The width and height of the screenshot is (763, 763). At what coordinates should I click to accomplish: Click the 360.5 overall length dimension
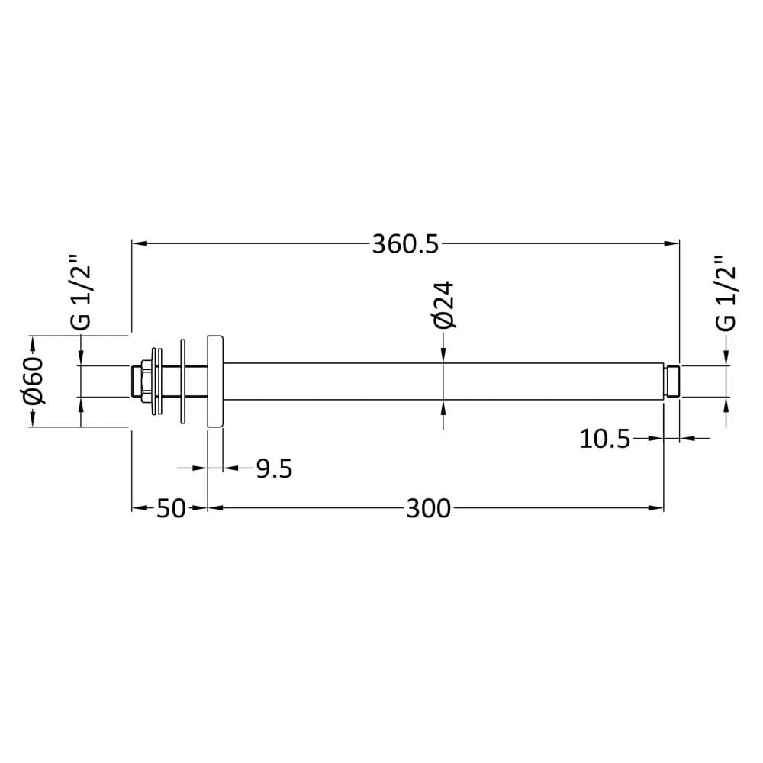pyautogui.click(x=405, y=244)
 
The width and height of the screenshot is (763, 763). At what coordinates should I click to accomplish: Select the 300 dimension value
pyautogui.click(x=429, y=508)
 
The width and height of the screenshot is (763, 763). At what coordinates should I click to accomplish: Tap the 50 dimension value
pyautogui.click(x=171, y=508)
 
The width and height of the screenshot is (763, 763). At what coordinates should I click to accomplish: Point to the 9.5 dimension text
pyautogui.click(x=275, y=468)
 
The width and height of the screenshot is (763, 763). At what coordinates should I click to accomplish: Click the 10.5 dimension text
pyautogui.click(x=605, y=439)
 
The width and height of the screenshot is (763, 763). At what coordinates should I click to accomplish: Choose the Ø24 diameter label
pyautogui.click(x=444, y=304)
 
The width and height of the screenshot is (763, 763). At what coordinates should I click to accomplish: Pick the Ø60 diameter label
pyautogui.click(x=33, y=381)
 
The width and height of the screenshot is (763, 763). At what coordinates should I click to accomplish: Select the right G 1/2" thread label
pyautogui.click(x=726, y=293)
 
